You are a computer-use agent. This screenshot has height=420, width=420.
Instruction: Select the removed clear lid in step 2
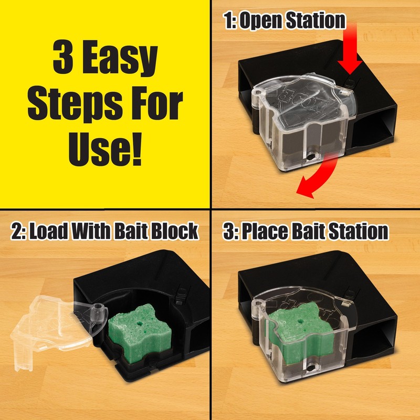(x=50, y=325)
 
